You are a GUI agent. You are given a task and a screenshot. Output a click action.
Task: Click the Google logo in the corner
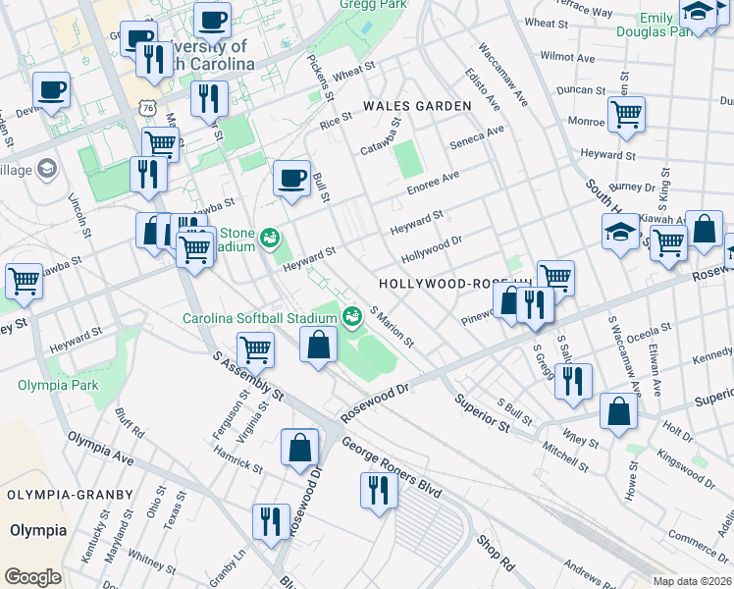coord(31,577)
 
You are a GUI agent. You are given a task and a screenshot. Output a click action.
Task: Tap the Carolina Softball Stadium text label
coord(259,317)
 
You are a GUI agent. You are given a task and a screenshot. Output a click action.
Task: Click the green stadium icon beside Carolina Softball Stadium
coord(350,316)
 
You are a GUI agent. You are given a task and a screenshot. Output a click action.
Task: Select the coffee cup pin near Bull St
coord(290,178)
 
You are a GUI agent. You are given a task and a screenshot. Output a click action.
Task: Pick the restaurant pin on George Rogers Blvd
coord(378,489)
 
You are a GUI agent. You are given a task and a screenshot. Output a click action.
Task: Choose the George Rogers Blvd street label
coord(392,462)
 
